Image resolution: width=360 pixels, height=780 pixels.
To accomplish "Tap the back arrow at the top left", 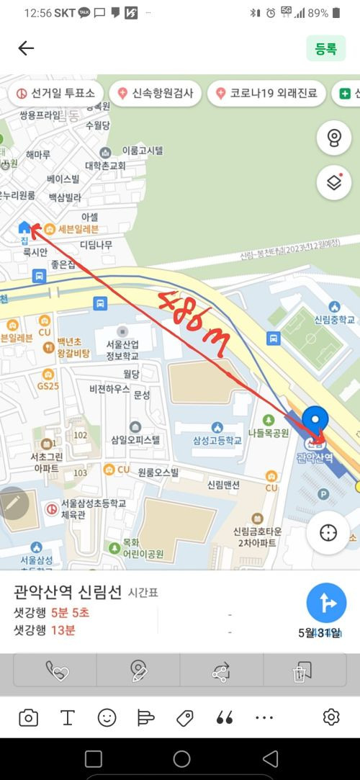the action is pos(26,48).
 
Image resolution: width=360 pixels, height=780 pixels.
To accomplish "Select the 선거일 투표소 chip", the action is pos(57,94).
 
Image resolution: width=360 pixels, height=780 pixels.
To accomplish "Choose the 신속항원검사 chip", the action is pos(156,94).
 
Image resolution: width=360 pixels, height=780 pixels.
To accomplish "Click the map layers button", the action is pos(334,183).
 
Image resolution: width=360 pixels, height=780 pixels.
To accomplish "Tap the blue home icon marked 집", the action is pos(24,228).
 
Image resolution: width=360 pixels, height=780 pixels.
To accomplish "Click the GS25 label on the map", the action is pos(48,386).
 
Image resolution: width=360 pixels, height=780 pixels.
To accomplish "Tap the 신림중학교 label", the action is pos(335,319).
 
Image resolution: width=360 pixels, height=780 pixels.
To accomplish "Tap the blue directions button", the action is pos(326,603).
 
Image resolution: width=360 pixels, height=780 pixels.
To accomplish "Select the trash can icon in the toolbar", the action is pos(298,672).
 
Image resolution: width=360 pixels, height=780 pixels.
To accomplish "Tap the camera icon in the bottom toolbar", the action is pos(29,717).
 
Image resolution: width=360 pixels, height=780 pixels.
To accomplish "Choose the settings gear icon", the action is pos(331,717).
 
